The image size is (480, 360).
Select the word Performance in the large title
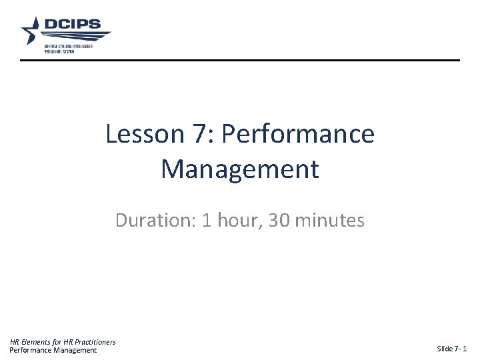297,135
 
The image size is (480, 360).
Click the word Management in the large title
239,169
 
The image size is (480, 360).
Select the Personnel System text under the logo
60,50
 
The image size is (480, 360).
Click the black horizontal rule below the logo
239,61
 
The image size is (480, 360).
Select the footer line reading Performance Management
53,351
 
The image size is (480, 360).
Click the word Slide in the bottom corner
444,349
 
